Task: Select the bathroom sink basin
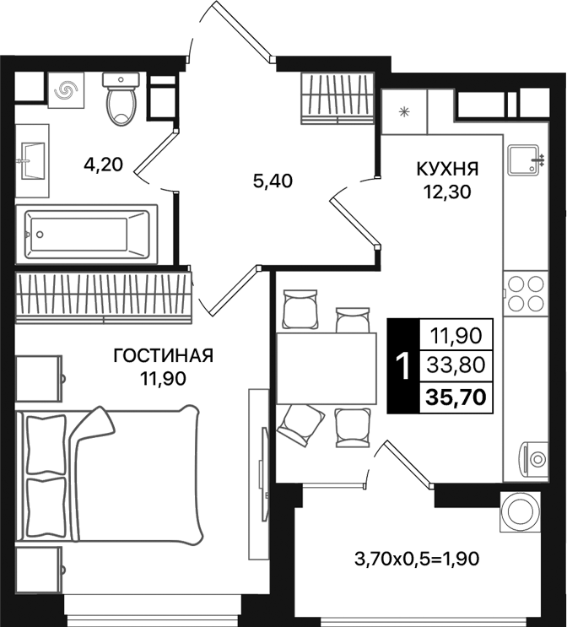[x=34, y=156]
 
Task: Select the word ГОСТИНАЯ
[x=164, y=356]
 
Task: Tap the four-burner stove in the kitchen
[x=526, y=294]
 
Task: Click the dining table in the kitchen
[x=326, y=369]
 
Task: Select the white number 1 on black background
[x=403, y=366]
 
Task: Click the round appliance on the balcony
[x=517, y=511]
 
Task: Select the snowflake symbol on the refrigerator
[x=403, y=111]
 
